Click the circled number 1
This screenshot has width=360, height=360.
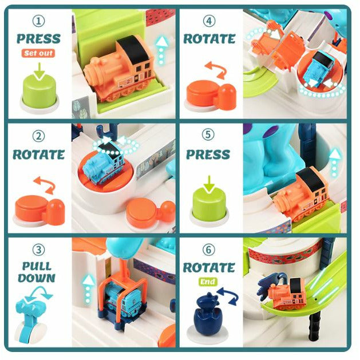pos(38,21)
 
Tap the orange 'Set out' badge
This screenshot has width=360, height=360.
pos(38,53)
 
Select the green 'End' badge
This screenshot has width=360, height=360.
pos(208,282)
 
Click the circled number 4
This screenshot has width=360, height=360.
pos(209,21)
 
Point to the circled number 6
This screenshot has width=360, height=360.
pos(209,250)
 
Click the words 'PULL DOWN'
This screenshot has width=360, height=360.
pos(37,272)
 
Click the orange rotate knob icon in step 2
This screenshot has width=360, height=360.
pos(39,211)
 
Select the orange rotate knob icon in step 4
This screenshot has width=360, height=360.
pos(210,96)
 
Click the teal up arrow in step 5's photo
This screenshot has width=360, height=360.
pos(335,163)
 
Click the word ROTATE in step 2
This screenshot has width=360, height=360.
pos(38,155)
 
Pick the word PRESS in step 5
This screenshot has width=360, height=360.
pos(208,155)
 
